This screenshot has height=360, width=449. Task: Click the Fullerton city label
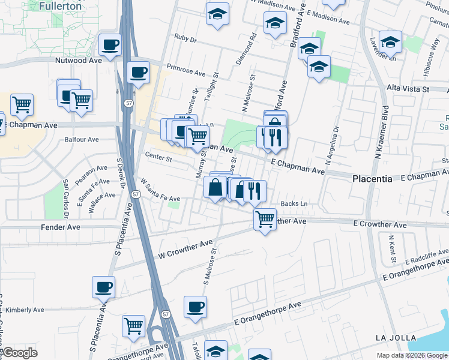[60, 6]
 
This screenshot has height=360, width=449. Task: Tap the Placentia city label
[372, 179]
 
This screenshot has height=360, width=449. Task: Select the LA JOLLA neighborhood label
[396, 338]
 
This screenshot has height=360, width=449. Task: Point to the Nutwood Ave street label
[79, 61]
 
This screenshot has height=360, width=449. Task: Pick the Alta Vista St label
[408, 89]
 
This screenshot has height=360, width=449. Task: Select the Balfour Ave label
[82, 140]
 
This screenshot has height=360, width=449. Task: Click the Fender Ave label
[60, 227]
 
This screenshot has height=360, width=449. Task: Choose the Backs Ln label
[294, 204]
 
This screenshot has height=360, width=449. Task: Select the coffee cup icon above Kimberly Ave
[104, 286]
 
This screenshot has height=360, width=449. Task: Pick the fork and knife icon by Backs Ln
[255, 190]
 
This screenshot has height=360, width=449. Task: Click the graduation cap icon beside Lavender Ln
[391, 42]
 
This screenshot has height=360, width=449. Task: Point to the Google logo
[20, 353]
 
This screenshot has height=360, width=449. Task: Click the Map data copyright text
[412, 355]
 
